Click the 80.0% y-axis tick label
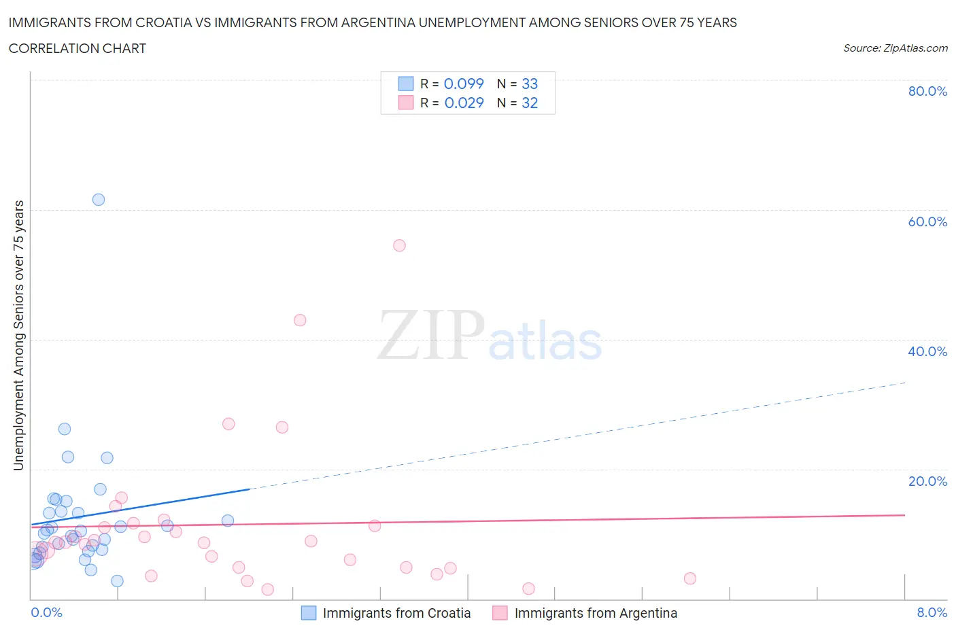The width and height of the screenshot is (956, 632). [927, 91]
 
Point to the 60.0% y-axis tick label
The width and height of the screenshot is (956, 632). [927, 222]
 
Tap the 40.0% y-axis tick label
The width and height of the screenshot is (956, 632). [927, 351]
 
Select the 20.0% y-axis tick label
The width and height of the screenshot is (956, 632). [927, 481]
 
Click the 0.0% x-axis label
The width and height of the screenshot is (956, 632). [46, 612]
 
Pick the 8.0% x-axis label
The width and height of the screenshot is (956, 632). [932, 612]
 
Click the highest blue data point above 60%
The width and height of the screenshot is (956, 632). [99, 200]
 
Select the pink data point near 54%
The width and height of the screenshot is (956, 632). [399, 245]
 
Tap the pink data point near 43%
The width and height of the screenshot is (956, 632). [300, 320]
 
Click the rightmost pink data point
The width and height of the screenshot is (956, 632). [690, 578]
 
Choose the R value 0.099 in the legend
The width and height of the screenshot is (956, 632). [464, 84]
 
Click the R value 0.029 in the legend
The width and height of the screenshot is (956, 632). [464, 103]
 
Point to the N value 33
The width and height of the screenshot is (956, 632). [530, 84]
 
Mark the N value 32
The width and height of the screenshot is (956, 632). [530, 103]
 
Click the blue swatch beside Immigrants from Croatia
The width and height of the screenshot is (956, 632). [309, 613]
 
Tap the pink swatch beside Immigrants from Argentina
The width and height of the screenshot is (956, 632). [500, 613]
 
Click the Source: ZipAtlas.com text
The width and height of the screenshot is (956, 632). [895, 48]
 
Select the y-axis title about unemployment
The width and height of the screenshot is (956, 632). [19, 336]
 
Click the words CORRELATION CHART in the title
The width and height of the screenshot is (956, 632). [78, 48]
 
